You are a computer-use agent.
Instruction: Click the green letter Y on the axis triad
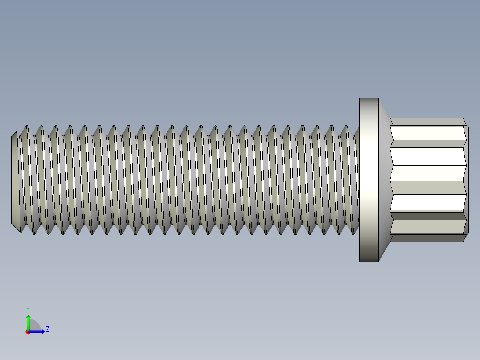point(28,309)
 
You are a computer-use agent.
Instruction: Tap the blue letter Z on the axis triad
point(47,329)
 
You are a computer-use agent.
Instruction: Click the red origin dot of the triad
point(28,332)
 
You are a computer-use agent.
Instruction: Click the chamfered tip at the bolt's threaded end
point(14,180)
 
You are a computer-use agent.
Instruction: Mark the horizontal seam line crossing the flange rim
point(369,180)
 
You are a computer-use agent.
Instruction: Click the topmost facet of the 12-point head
point(427,121)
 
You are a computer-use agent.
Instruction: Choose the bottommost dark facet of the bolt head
point(427,238)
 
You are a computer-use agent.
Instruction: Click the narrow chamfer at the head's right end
point(466,178)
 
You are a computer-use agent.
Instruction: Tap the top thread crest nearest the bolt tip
point(27,127)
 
